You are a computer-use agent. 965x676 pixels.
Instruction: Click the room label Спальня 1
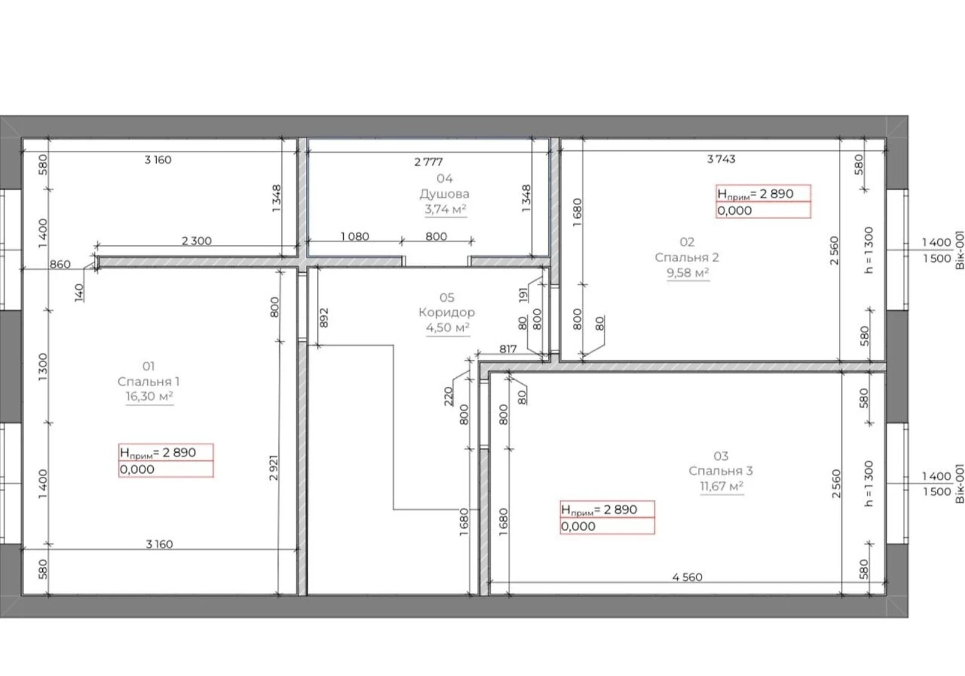coord(148,381)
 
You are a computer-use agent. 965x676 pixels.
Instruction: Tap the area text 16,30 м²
coord(150,396)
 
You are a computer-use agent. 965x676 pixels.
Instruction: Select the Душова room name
coord(445,194)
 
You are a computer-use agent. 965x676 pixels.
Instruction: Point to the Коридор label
coord(447,312)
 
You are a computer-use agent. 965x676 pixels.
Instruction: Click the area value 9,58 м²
coord(688,273)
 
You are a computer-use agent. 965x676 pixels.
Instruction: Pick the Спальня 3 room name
coord(721,471)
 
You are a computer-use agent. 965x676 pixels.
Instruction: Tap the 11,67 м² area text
coord(721,486)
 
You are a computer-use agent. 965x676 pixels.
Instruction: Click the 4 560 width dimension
coord(687,577)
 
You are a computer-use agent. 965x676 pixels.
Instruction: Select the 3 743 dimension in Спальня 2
coord(721,159)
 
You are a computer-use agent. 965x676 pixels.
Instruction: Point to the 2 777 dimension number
coord(428,162)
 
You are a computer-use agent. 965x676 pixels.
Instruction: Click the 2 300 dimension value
coord(197,241)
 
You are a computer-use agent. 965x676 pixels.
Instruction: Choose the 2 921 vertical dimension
coord(274,467)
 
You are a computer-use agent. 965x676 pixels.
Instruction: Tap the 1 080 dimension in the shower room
coord(355,236)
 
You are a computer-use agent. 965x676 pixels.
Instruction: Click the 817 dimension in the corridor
coord(507,349)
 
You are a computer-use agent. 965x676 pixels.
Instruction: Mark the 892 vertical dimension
coord(324,317)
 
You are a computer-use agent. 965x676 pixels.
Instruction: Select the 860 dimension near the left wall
coord(60,264)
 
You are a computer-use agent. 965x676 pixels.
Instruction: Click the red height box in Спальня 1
coord(166,461)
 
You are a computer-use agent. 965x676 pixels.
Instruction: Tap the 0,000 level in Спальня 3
coord(578,526)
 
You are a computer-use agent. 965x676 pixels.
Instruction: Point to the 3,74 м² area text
coord(446,209)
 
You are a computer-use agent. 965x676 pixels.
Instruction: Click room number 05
coord(447,298)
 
